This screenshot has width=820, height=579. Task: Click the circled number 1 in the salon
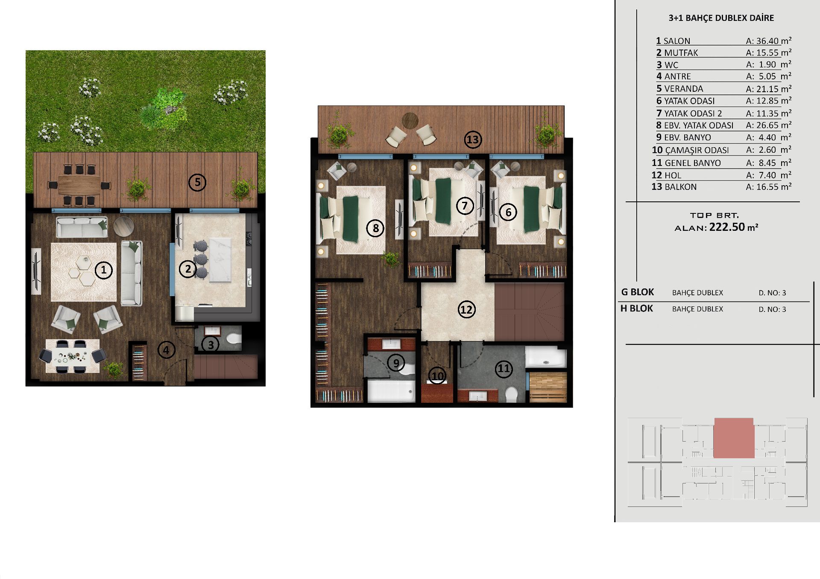[103, 270]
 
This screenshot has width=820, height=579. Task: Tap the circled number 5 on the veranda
[197, 183]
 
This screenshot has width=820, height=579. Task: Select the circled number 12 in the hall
[466, 309]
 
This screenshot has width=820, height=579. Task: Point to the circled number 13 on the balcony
[473, 140]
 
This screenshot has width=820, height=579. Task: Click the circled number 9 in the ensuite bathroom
[396, 363]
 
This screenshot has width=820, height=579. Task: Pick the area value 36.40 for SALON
[767, 41]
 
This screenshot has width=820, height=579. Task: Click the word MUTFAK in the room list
[681, 53]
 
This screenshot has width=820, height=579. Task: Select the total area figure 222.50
[727, 227]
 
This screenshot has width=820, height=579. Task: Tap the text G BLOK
[637, 292]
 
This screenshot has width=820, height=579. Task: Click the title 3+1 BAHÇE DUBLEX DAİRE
[721, 18]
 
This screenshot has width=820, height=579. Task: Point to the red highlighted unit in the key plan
[734, 438]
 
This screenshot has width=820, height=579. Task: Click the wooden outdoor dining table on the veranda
[79, 185]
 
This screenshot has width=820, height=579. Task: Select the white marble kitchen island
[220, 260]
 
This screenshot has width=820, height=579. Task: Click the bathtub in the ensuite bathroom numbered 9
[391, 391]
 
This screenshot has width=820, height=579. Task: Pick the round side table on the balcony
[410, 120]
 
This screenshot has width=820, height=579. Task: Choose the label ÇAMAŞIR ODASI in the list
[697, 150]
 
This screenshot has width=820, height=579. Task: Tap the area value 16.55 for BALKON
[767, 187]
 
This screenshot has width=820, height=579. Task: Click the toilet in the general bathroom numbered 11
[511, 394]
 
